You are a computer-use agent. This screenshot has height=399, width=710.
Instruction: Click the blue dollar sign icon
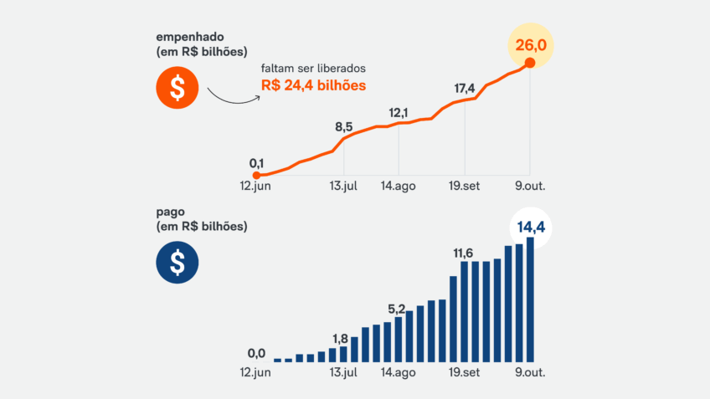click(177, 262)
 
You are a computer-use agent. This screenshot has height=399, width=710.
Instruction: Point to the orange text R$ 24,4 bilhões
click(314, 85)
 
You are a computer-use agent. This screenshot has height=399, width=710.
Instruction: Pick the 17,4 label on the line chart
click(465, 88)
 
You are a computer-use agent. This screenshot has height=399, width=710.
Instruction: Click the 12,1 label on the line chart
click(399, 113)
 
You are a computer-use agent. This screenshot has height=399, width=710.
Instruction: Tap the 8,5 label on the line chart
click(343, 127)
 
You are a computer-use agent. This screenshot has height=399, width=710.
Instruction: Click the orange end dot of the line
click(529, 62)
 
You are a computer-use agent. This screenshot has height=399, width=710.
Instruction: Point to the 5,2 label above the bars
click(397, 309)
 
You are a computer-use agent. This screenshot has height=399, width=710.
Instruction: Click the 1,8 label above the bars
click(340, 338)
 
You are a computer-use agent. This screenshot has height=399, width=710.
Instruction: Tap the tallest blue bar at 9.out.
click(530, 299)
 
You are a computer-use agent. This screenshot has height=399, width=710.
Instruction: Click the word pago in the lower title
click(170, 212)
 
